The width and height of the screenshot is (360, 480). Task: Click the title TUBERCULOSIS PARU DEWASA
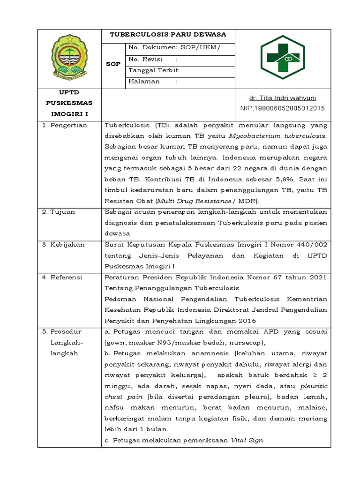pyautogui.click(x=168, y=35)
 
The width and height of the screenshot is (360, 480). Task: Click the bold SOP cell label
pyautogui.click(x=113, y=64)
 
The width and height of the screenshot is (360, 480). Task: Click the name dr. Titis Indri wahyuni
pyautogui.click(x=282, y=98)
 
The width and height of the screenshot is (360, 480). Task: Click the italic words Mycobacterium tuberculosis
pyautogui.click(x=278, y=136)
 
